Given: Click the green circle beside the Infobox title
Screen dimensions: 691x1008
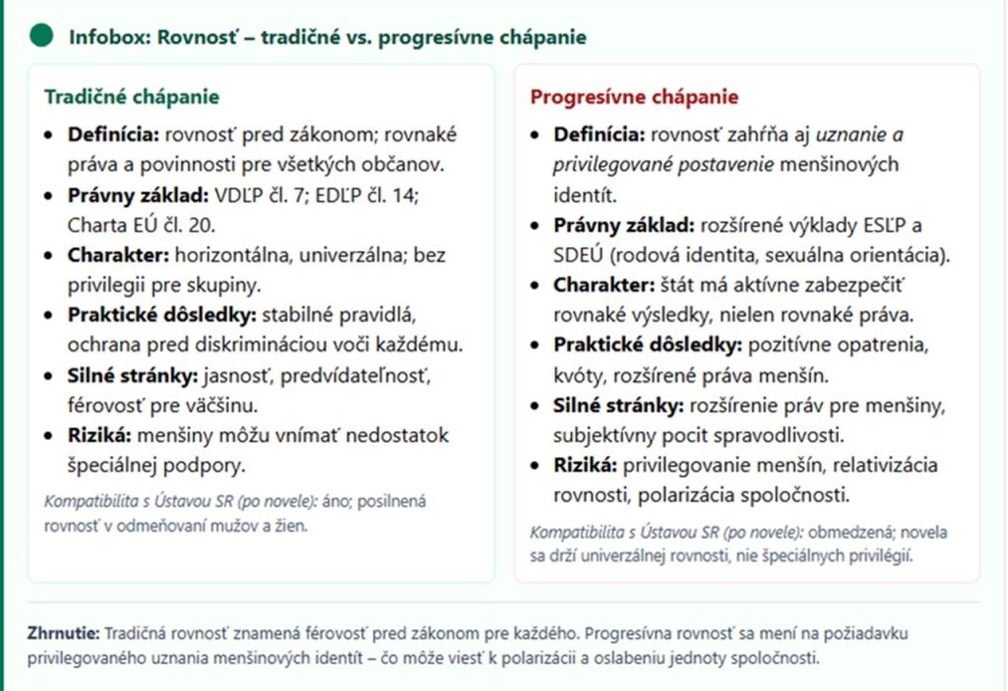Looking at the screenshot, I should (x=41, y=36).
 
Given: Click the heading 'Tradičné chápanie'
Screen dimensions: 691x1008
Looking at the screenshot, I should (x=131, y=97).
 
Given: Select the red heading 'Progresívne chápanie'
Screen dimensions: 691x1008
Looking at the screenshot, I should (x=634, y=97).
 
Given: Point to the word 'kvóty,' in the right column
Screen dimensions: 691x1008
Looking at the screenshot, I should (x=581, y=375).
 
